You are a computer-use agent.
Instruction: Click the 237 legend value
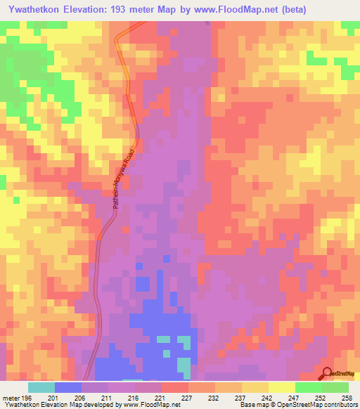coord(242,398)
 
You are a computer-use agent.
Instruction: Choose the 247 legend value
coord(294,398)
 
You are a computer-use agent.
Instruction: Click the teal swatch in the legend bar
coord(41,387)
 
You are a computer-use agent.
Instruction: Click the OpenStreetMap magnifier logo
coord(328,373)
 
